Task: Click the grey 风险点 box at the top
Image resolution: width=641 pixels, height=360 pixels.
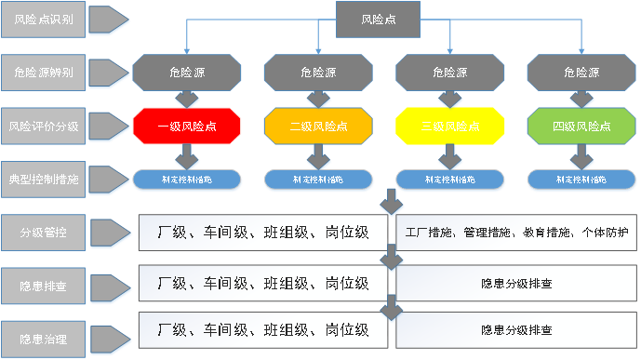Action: (x=377, y=20)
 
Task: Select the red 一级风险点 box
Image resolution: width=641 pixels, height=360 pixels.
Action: (x=187, y=125)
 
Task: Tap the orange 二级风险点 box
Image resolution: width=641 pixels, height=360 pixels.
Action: (x=319, y=125)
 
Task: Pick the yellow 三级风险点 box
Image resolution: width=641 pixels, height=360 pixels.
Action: (x=450, y=125)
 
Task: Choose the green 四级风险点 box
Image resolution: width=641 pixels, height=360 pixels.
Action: (x=582, y=125)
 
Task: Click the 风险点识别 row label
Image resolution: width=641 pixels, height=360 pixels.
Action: (x=46, y=20)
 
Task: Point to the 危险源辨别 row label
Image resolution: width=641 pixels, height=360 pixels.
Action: (x=46, y=71)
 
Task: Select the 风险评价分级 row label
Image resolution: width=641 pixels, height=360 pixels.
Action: (x=46, y=125)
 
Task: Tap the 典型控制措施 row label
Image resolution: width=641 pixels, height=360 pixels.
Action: (x=46, y=178)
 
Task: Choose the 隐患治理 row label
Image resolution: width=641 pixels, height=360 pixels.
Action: (x=46, y=330)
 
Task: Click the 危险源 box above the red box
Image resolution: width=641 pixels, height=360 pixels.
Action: (x=187, y=71)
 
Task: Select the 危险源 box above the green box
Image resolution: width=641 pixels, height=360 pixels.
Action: (x=582, y=71)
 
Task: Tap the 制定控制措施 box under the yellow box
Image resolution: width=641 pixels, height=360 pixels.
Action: (x=450, y=179)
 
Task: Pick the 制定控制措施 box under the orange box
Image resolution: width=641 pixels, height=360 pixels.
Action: (x=319, y=179)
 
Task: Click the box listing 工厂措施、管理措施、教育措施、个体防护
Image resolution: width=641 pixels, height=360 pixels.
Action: (x=516, y=230)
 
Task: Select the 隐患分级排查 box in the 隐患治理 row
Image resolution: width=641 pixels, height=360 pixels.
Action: (x=516, y=330)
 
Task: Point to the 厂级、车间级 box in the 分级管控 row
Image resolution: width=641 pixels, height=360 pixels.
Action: (x=264, y=230)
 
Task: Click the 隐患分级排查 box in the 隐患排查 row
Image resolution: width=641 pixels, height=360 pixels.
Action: (x=516, y=281)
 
